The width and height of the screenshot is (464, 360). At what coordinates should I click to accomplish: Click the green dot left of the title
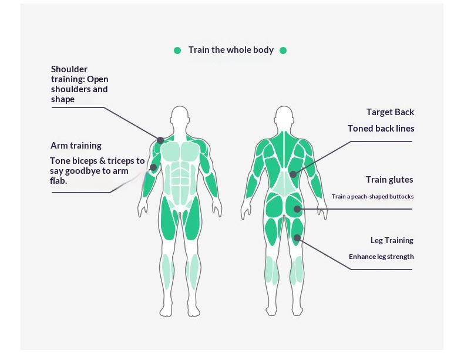coord(177,51)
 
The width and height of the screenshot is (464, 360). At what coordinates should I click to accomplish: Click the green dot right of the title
coord(283,51)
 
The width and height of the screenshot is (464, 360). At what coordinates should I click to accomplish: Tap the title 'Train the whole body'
coord(231,50)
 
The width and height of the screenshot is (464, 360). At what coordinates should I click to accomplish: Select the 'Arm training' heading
coord(76,146)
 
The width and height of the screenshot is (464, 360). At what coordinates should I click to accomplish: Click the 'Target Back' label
coord(390,112)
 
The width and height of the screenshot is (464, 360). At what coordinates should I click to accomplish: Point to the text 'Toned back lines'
coord(381,129)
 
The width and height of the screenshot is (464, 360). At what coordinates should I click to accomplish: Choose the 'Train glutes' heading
coord(389,180)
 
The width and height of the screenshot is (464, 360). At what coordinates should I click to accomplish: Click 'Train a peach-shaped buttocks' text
coord(372,197)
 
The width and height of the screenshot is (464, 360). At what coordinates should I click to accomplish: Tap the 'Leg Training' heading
coord(392,240)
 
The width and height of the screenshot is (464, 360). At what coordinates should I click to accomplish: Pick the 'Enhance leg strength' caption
coord(381,257)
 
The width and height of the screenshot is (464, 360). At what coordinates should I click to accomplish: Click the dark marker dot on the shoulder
coord(160,140)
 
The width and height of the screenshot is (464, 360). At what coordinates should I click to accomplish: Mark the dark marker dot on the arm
coord(153,167)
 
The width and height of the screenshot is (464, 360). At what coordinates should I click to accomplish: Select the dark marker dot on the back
coord(293,174)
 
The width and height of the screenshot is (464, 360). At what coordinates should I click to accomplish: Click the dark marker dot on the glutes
coord(297,208)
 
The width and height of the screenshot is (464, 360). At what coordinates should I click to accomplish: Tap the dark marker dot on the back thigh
coord(297,238)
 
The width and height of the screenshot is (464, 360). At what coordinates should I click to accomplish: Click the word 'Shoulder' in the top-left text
coord(69,69)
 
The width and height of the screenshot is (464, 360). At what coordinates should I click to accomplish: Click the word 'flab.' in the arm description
coord(58,181)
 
